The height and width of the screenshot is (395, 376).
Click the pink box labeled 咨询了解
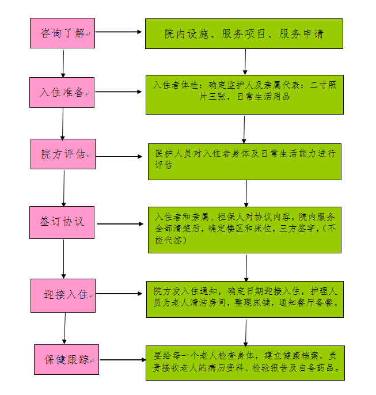pyautogui.click(x=62, y=33)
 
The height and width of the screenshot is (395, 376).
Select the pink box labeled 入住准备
pyautogui.click(x=62, y=93)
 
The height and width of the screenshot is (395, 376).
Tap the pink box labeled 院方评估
pyautogui.click(x=63, y=154)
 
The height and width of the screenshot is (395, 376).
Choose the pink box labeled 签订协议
pyautogui.click(x=62, y=222)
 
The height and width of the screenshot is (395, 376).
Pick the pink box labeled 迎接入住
pyautogui.click(x=63, y=295)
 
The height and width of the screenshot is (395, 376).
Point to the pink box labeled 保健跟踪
pyautogui.click(x=66, y=359)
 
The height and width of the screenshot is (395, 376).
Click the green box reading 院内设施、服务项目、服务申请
pyautogui.click(x=244, y=33)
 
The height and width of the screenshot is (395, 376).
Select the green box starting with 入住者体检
pyautogui.click(x=245, y=94)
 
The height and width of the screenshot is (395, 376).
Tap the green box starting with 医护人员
pyautogui.click(x=245, y=162)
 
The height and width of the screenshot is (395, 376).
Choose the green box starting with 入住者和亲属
pyautogui.click(x=245, y=230)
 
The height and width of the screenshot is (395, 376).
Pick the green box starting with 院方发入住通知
pyautogui.click(x=245, y=299)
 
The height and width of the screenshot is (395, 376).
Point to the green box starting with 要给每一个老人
pyautogui.click(x=245, y=363)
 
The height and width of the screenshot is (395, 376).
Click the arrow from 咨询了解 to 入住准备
pyautogui.click(x=63, y=64)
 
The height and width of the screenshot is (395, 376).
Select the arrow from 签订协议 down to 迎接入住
pyautogui.click(x=63, y=259)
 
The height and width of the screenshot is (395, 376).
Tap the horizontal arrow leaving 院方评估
pyautogui.click(x=119, y=157)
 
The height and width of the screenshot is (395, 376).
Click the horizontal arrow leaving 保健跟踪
pyautogui.click(x=123, y=360)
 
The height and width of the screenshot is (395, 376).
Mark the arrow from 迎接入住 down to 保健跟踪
pyautogui.click(x=64, y=328)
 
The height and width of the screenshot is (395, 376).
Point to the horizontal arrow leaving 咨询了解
pyautogui.click(x=119, y=32)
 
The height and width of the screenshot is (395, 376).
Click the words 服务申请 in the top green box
pyautogui.click(x=301, y=34)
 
